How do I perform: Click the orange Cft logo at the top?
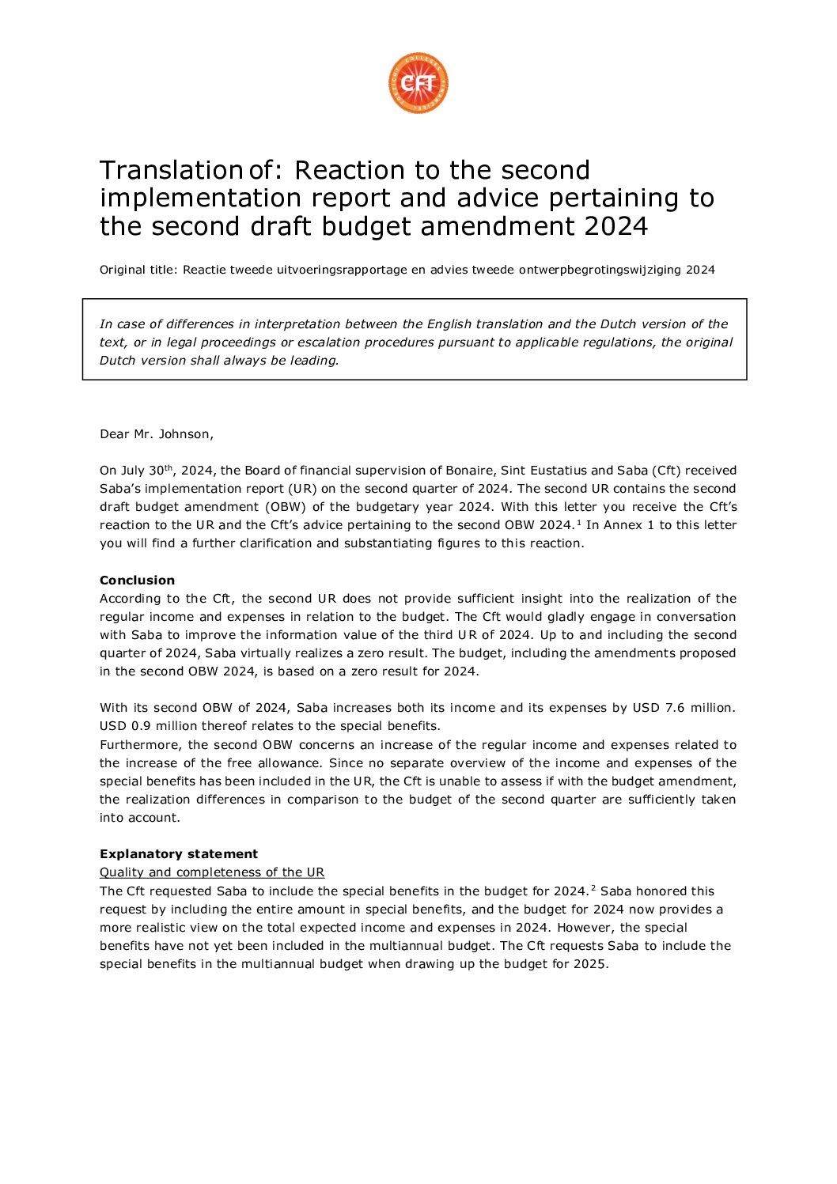pos(418,83)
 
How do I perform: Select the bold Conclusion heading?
pos(137,580)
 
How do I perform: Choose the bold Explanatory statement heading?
pos(179,854)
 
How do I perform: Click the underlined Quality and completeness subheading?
pos(212,872)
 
